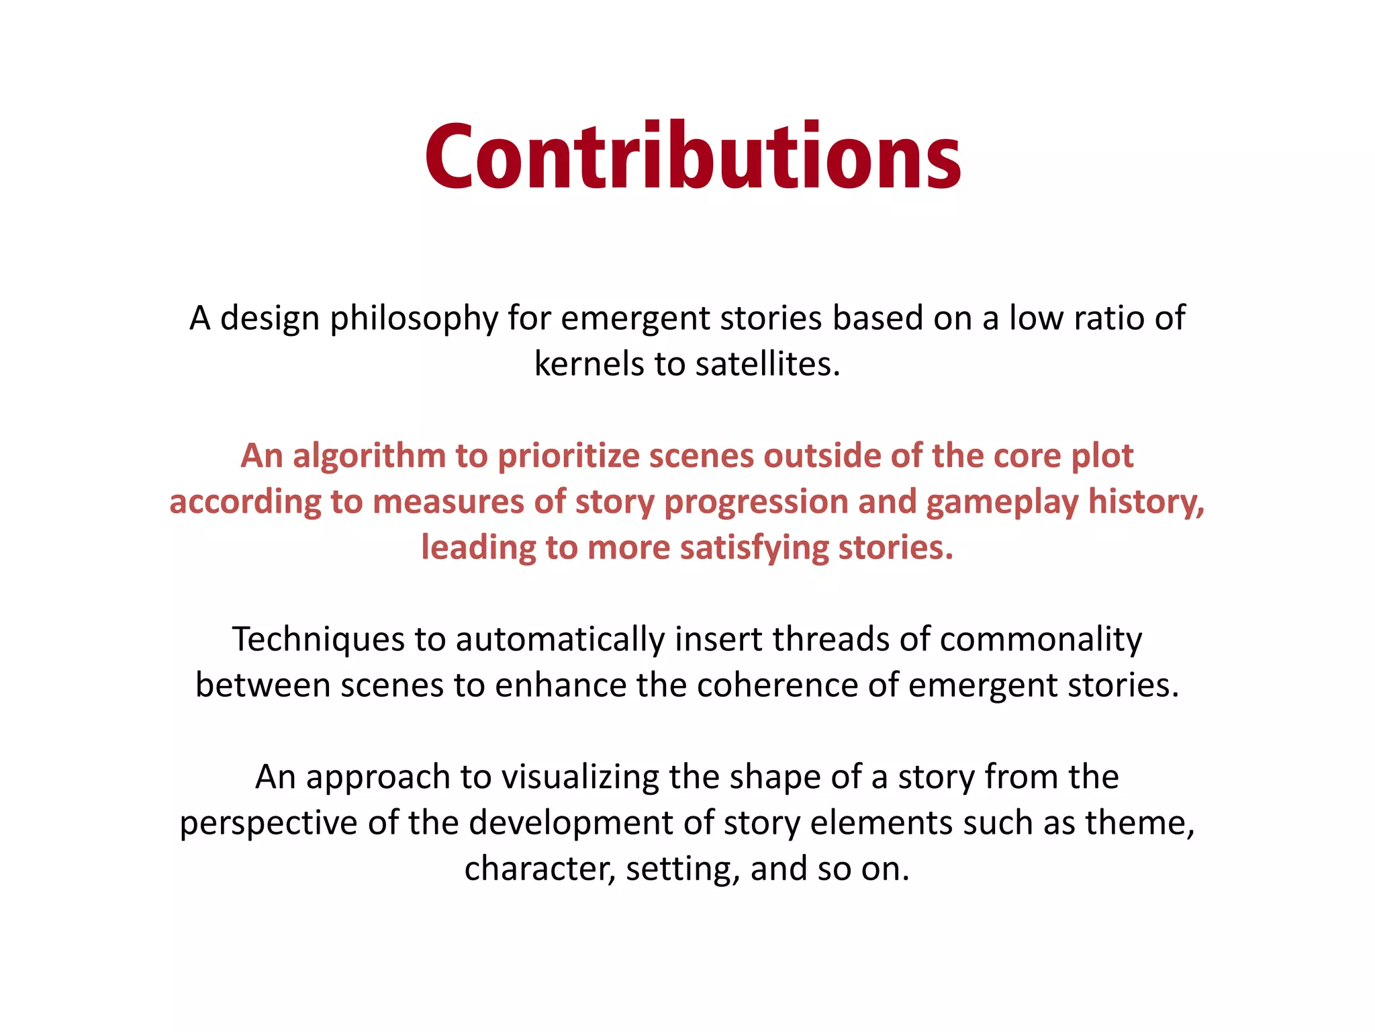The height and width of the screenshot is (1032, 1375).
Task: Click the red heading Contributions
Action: coord(693,158)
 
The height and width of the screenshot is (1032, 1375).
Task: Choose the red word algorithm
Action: coord(369,456)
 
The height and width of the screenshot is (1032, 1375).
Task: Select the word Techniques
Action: coord(318,639)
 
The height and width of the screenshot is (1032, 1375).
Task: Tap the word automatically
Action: coord(560,639)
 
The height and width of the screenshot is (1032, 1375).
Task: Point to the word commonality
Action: coord(1041,639)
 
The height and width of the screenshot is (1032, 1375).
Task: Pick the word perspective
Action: coord(268,823)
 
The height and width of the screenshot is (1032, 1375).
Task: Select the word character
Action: coord(539,869)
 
